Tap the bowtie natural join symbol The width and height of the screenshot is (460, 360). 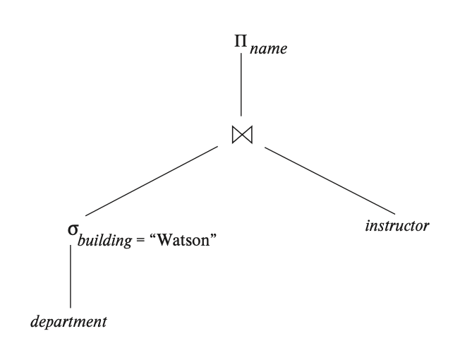point(241,133)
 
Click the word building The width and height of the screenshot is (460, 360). point(103,241)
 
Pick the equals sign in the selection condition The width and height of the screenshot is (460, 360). point(140,240)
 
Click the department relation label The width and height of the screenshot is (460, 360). point(68,322)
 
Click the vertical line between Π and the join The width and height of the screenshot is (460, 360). point(241,85)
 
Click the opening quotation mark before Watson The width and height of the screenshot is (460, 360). point(152,236)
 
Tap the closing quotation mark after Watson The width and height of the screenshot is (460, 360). point(211,236)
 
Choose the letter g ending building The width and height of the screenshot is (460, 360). point(128,244)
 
